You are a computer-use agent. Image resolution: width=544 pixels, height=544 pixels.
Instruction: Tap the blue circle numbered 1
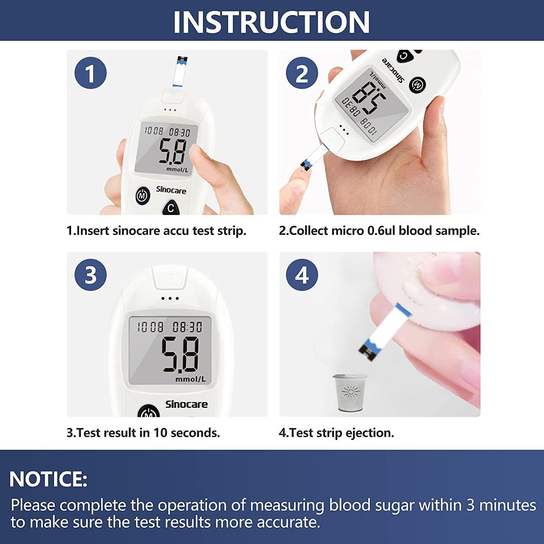pyautogui.click(x=90, y=73)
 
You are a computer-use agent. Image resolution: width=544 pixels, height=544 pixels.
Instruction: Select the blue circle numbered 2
pyautogui.click(x=302, y=73)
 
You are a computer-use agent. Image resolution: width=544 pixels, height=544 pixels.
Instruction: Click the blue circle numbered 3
pyautogui.click(x=90, y=275)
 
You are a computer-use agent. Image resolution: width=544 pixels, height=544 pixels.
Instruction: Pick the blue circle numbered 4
pyautogui.click(x=302, y=275)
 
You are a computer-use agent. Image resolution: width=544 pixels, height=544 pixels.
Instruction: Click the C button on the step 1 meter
pyautogui.click(x=171, y=208)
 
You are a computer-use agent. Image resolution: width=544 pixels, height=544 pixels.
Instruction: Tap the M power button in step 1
pyautogui.click(x=143, y=196)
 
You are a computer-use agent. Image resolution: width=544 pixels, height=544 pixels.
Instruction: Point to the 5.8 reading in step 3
pyautogui.click(x=180, y=354)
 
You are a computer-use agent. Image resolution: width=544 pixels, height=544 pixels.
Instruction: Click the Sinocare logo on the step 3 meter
pyautogui.click(x=186, y=404)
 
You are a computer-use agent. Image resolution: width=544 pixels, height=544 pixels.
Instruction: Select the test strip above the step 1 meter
pyautogui.click(x=180, y=72)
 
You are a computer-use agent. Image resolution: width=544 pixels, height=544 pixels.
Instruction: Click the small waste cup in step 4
pyautogui.click(x=350, y=393)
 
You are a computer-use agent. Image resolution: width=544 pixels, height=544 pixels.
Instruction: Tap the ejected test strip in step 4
pyautogui.click(x=386, y=332)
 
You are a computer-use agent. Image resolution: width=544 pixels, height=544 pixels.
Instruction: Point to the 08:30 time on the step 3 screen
pyautogui.click(x=187, y=327)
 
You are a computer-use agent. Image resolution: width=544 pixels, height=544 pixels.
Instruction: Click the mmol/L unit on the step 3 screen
pyautogui.click(x=190, y=379)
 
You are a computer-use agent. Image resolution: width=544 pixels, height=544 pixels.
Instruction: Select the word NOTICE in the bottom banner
pyautogui.click(x=48, y=479)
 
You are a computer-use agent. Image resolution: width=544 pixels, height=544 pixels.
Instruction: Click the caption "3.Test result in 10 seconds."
pyautogui.click(x=143, y=433)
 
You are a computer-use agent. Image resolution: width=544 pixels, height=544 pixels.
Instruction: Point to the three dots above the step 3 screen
pyautogui.click(x=170, y=298)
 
